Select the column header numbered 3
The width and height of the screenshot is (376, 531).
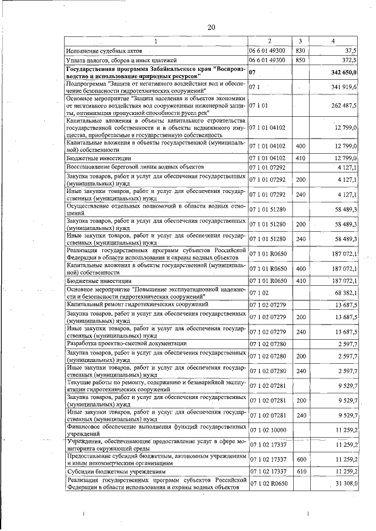[x=300, y=40]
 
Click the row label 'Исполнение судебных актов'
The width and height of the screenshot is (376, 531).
[x=102, y=51]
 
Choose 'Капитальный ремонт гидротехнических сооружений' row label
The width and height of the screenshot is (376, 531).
[x=136, y=305]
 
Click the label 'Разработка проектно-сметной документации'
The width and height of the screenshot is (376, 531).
[x=127, y=343]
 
